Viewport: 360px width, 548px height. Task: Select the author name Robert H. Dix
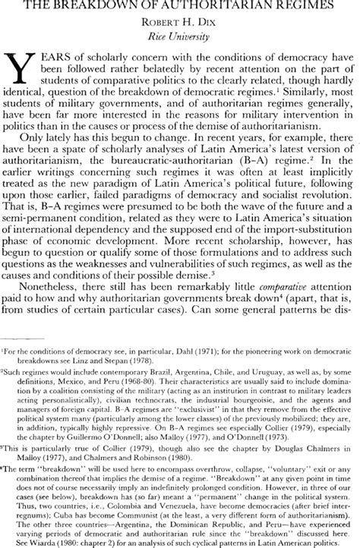pos(179,23)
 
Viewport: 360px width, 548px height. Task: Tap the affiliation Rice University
pos(179,36)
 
